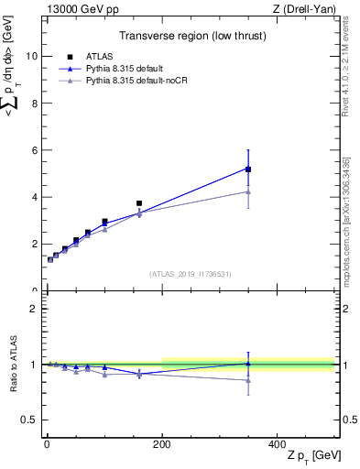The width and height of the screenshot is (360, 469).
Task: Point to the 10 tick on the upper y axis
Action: pyautogui.click(x=31, y=56)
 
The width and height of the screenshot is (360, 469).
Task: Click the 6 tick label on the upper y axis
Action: pyautogui.click(x=34, y=150)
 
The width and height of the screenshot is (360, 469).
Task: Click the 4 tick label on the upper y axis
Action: pyautogui.click(x=34, y=197)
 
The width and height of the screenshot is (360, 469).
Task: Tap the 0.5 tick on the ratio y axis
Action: pyautogui.click(x=29, y=420)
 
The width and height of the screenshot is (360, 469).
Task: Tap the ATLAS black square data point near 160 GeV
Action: pyautogui.click(x=139, y=203)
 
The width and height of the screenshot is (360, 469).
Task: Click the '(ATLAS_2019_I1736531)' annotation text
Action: pyautogui.click(x=190, y=274)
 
